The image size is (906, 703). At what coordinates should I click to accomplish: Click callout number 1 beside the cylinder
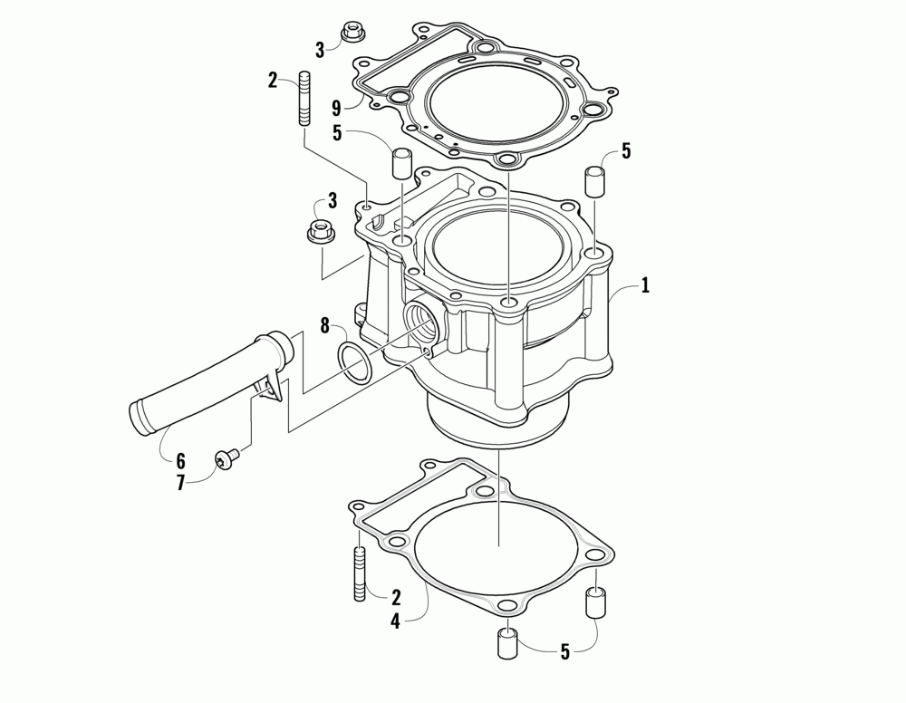(x=645, y=285)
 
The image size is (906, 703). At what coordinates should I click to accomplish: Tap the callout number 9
(x=336, y=108)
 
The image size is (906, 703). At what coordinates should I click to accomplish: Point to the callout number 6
(x=180, y=460)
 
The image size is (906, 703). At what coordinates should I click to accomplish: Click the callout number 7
(x=180, y=483)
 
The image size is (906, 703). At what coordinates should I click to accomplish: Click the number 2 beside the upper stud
(x=273, y=80)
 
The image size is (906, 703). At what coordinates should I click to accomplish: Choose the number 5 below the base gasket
(x=565, y=650)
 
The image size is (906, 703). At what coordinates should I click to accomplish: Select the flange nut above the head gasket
(x=352, y=35)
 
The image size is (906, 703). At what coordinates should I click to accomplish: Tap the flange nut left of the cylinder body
(x=318, y=233)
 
